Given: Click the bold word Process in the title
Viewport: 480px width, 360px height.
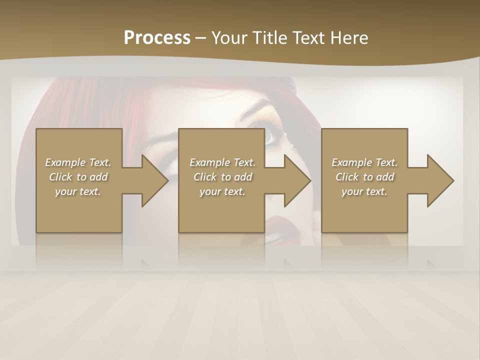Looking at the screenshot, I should pos(157,38).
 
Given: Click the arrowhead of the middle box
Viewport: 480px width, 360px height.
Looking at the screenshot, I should pos(296,180).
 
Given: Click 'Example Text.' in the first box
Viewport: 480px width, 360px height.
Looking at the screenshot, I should pos(78,162).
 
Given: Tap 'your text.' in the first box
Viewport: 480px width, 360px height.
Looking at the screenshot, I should pos(78,191).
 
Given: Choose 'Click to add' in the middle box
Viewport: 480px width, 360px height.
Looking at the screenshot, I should pos(222,177).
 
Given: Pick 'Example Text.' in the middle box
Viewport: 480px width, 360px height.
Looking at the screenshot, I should pos(222,162).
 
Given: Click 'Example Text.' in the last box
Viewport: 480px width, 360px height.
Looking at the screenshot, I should pos(364,162).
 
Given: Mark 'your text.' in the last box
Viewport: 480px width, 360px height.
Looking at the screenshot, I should pos(364,191).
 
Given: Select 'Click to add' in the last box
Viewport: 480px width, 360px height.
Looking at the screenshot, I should pos(364,177).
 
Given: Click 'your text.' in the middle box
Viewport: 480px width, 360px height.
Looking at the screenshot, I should pos(222,191).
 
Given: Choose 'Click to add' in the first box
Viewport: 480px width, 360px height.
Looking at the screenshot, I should pos(78,177).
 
